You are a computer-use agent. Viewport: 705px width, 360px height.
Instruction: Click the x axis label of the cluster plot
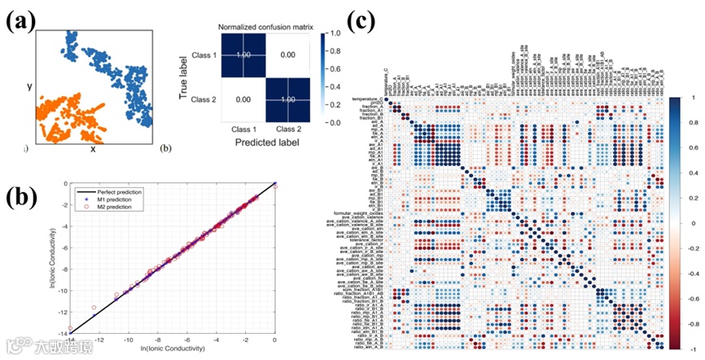pos(92,150)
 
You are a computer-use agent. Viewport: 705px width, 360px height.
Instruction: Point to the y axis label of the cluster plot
pos(30,86)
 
